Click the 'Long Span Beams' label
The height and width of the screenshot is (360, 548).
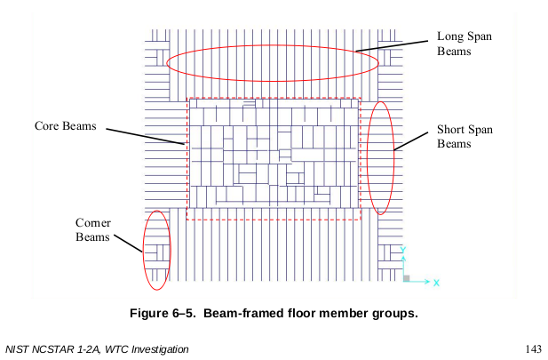464,44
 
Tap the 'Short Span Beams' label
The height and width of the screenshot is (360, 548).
465,137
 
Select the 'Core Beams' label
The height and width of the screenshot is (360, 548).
65,125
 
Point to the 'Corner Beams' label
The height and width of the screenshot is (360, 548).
92,229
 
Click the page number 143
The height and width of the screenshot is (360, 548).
534,348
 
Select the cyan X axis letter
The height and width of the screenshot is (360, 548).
437,283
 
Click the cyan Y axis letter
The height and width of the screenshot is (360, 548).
402,250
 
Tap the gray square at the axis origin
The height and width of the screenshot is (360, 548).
406,279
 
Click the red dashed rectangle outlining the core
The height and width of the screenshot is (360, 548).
274,219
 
